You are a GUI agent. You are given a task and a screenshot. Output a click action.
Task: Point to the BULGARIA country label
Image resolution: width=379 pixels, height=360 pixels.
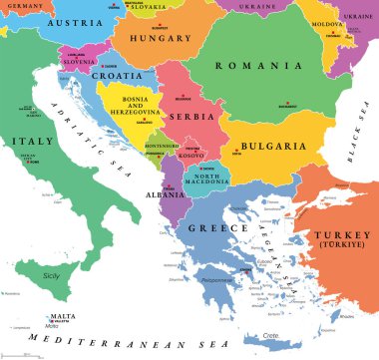point(269,146)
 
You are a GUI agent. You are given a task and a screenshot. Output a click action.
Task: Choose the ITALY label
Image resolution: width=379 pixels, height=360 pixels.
point(32,143)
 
